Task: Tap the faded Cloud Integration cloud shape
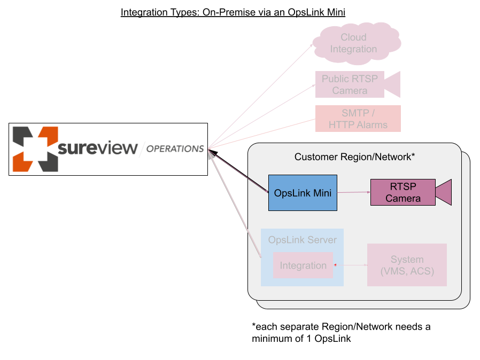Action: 354,43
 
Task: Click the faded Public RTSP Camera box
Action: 350,84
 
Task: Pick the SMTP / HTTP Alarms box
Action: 358,119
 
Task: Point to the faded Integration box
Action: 303,265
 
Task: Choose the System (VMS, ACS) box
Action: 407,265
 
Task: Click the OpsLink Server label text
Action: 303,240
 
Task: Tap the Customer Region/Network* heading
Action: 354,157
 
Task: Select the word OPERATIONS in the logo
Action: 175,149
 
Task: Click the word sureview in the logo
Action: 97,148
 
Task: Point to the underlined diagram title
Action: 233,12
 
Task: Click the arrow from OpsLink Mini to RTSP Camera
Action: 354,192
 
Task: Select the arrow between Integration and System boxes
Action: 350,265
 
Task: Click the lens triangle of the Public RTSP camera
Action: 393,84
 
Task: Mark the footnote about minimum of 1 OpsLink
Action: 340,332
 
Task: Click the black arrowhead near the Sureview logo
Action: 212,152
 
